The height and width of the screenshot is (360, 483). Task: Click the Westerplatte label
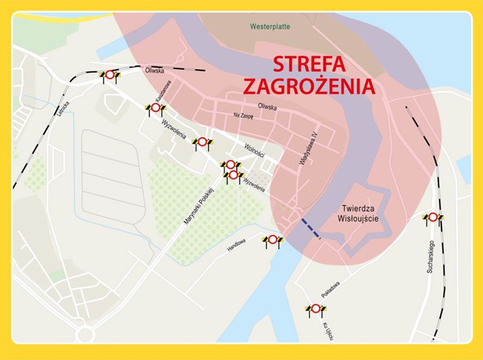[270, 27]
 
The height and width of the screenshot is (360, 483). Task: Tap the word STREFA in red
[309, 64]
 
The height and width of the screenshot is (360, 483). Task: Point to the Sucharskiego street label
[430, 257]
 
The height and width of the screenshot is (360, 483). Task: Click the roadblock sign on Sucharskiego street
[433, 218]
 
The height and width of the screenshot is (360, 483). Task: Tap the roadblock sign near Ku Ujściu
[316, 309]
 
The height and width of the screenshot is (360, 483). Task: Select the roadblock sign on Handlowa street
[272, 240]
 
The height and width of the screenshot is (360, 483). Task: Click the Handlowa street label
[236, 245]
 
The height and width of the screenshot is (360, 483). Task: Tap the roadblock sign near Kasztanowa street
[155, 108]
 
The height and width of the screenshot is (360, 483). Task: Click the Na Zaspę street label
[243, 116]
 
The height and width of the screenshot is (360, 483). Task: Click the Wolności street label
[254, 150]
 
